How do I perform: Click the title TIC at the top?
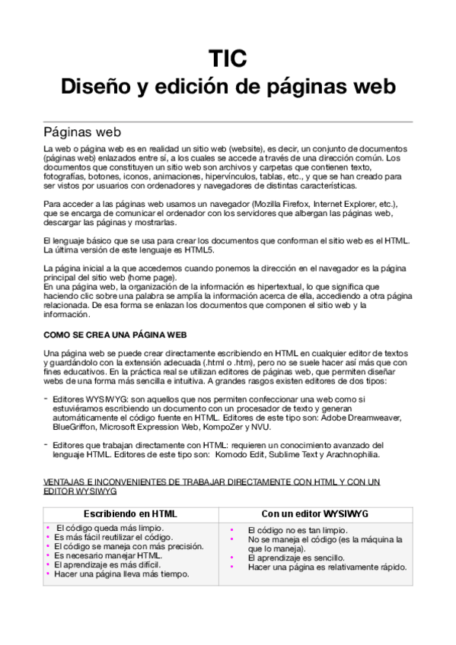(x=228, y=59)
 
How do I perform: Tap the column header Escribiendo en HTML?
(x=130, y=513)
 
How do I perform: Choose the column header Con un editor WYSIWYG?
(x=314, y=513)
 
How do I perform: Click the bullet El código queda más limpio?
(x=110, y=527)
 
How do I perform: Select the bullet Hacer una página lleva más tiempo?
(x=121, y=574)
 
